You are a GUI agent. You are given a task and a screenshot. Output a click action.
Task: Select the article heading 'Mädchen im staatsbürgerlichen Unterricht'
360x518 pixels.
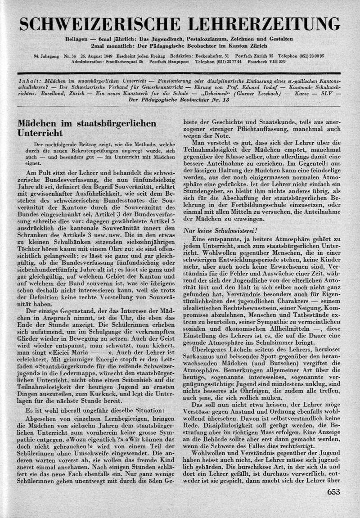tap(86, 128)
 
